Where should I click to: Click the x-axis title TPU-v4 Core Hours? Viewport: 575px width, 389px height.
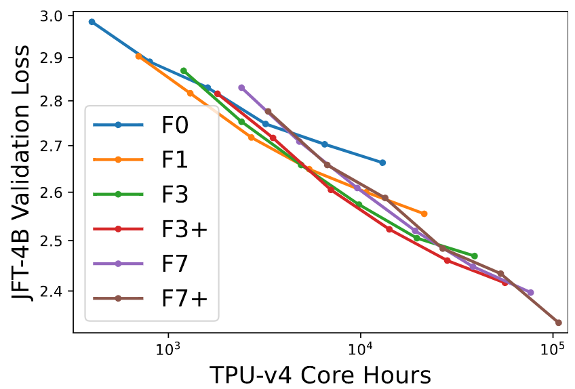(x=320, y=374)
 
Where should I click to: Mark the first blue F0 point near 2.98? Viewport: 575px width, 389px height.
(x=92, y=22)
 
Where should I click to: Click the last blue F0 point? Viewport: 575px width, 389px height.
(x=382, y=163)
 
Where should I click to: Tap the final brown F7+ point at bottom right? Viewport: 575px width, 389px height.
(x=559, y=323)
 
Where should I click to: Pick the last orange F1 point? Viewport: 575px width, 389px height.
(x=424, y=213)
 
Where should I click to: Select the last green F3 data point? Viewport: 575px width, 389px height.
(x=475, y=255)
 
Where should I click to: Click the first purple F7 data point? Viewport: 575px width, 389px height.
(x=241, y=87)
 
